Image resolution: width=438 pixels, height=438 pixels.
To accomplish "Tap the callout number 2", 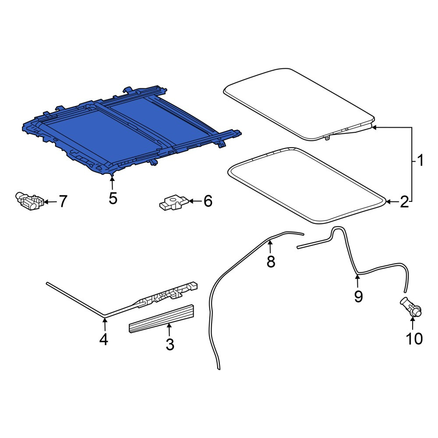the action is [x=404, y=201].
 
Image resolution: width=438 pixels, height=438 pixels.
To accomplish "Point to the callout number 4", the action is [x=104, y=339].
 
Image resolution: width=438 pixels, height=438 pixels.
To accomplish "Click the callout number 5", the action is [x=113, y=198].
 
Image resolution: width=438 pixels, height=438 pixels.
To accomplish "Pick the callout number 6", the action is [x=208, y=201].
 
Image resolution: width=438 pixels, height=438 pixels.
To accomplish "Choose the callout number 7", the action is [x=63, y=201].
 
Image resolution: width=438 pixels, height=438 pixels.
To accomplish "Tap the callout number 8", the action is [x=271, y=262].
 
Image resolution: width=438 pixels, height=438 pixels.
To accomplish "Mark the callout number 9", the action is [x=358, y=296].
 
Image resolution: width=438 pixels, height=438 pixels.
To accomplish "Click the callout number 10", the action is [x=414, y=339].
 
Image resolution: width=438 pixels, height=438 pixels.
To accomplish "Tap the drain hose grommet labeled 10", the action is [x=411, y=307].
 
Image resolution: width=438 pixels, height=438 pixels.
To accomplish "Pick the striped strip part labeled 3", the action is [x=162, y=318].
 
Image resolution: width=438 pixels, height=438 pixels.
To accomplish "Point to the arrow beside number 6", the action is [x=195, y=201].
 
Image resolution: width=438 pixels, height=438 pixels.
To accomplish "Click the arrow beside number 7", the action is [x=50, y=201].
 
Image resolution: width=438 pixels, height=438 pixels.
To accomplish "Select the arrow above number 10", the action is [x=413, y=324].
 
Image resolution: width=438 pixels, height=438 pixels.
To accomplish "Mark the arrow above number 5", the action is [x=112, y=182].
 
